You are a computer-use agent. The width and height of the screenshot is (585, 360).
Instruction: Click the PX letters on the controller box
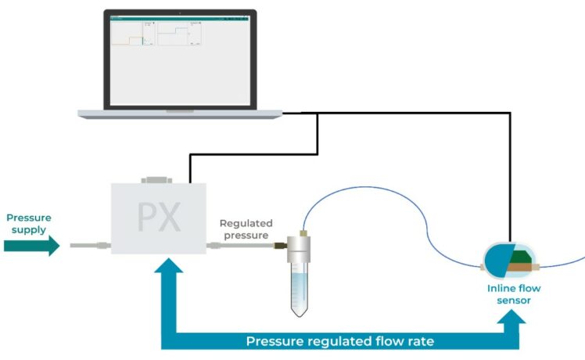point(160,218)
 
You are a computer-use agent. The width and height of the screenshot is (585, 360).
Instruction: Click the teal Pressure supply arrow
point(32,246)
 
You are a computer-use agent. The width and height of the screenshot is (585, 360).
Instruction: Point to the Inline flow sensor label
point(513,293)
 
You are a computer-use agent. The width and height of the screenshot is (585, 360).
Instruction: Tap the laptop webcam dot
point(180,13)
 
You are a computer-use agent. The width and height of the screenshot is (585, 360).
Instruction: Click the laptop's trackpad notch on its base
point(180,110)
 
